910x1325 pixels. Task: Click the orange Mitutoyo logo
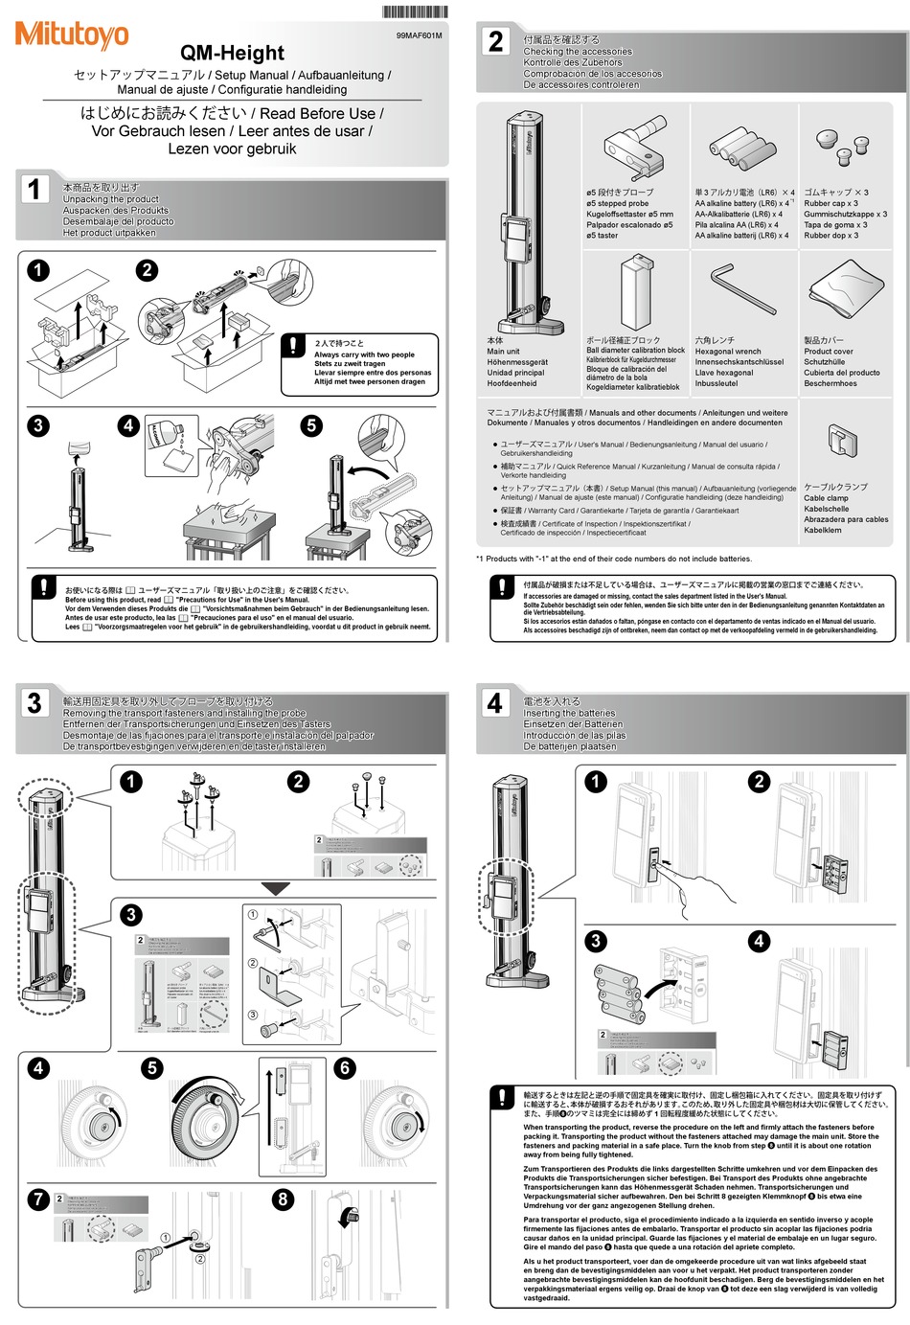coord(71,35)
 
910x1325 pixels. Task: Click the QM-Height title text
coord(233,54)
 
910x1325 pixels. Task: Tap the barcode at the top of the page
coord(413,12)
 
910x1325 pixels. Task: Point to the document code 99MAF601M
coord(419,35)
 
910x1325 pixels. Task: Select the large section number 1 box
coord(34,189)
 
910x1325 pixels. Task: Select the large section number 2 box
coord(495,41)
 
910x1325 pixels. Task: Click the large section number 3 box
coord(34,703)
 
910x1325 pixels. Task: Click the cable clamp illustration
coord(841,442)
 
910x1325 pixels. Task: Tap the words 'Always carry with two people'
coord(364,354)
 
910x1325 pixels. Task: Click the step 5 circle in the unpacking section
coord(311,425)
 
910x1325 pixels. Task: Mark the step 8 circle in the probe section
coord(283,1199)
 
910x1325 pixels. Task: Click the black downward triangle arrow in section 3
coord(276,889)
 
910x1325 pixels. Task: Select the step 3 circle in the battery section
coord(596,941)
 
